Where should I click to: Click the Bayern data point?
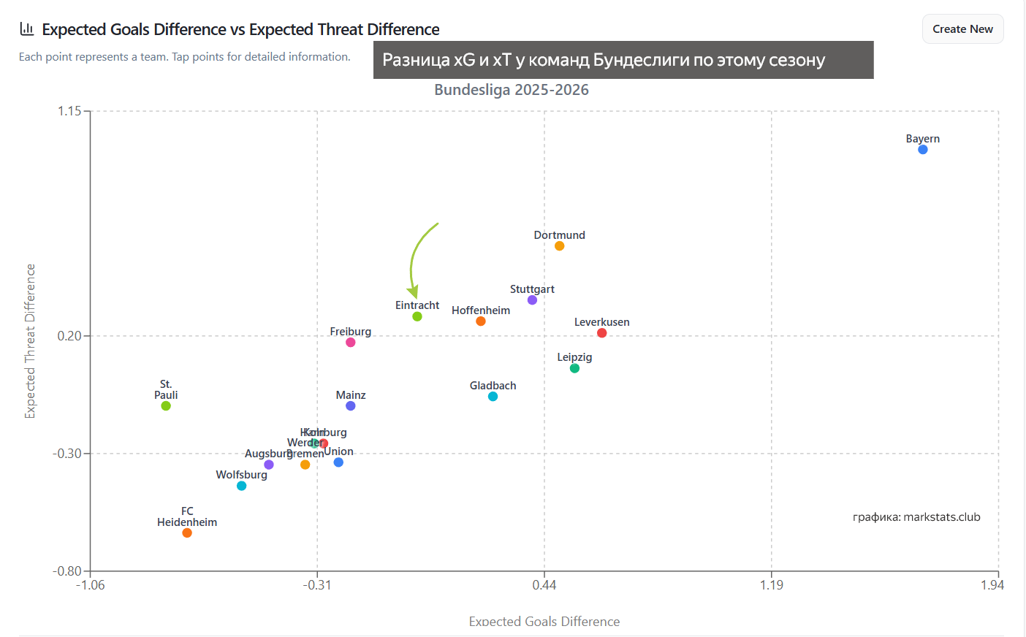(923, 150)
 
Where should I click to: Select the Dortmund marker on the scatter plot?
(559, 246)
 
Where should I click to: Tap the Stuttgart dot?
(532, 300)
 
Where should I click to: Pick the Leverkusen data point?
(601, 333)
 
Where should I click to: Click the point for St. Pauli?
(166, 406)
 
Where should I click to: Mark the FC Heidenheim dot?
(187, 533)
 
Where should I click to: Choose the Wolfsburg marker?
(241, 486)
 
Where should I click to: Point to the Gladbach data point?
(493, 397)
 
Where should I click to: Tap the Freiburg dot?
(350, 343)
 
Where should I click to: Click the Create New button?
(962, 29)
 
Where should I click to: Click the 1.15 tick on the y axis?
(70, 111)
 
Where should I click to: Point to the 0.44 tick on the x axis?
(544, 584)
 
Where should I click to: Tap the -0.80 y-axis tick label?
(67, 571)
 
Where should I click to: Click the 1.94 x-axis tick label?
(992, 584)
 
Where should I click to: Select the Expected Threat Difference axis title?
(30, 341)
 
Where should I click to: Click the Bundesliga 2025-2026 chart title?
(512, 90)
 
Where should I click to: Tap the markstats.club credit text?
(916, 517)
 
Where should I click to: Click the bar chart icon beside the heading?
(27, 29)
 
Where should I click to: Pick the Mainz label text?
(351, 395)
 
